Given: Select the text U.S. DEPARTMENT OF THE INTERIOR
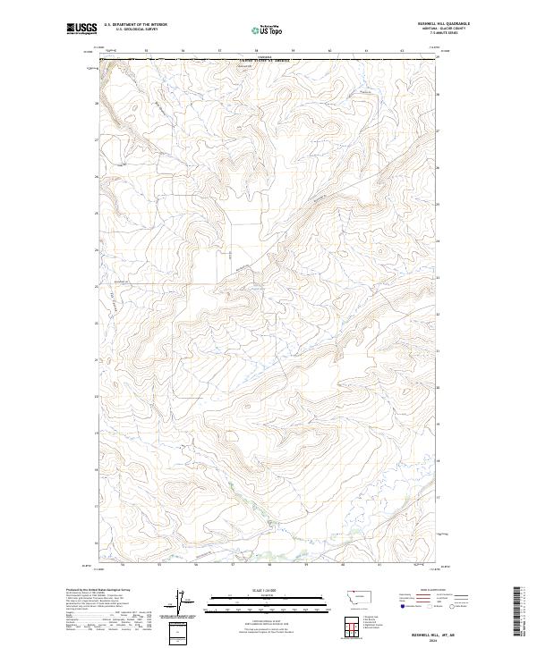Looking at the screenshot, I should click(x=135, y=24).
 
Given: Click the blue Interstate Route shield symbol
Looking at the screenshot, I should click(x=404, y=606).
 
